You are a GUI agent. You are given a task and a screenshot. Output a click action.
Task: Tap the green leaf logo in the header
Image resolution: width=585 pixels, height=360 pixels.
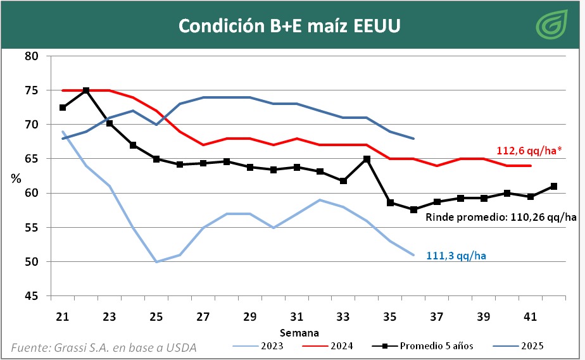pyautogui.click(x=551, y=26)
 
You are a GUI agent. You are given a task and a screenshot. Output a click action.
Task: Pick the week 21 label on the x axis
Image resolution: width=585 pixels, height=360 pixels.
pyautogui.click(x=63, y=316)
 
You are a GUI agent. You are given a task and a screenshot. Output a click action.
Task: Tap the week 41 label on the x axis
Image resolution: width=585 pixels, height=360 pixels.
pyautogui.click(x=530, y=316)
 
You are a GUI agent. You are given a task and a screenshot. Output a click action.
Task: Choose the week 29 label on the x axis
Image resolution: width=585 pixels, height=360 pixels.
pyautogui.click(x=249, y=316)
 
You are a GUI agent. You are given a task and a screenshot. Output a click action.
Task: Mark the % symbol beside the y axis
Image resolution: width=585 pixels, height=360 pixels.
pyautogui.click(x=16, y=178)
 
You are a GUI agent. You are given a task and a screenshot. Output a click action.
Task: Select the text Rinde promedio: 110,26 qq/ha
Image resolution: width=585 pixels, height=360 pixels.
pyautogui.click(x=501, y=218)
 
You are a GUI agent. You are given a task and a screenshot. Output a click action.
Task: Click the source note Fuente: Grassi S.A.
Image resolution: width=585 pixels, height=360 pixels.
pyautogui.click(x=104, y=347)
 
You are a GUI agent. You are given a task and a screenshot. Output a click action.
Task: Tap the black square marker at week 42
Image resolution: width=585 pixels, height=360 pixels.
pyautogui.click(x=553, y=186)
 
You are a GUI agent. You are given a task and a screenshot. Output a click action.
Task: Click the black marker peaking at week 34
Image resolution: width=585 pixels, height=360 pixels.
pyautogui.click(x=367, y=159)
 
